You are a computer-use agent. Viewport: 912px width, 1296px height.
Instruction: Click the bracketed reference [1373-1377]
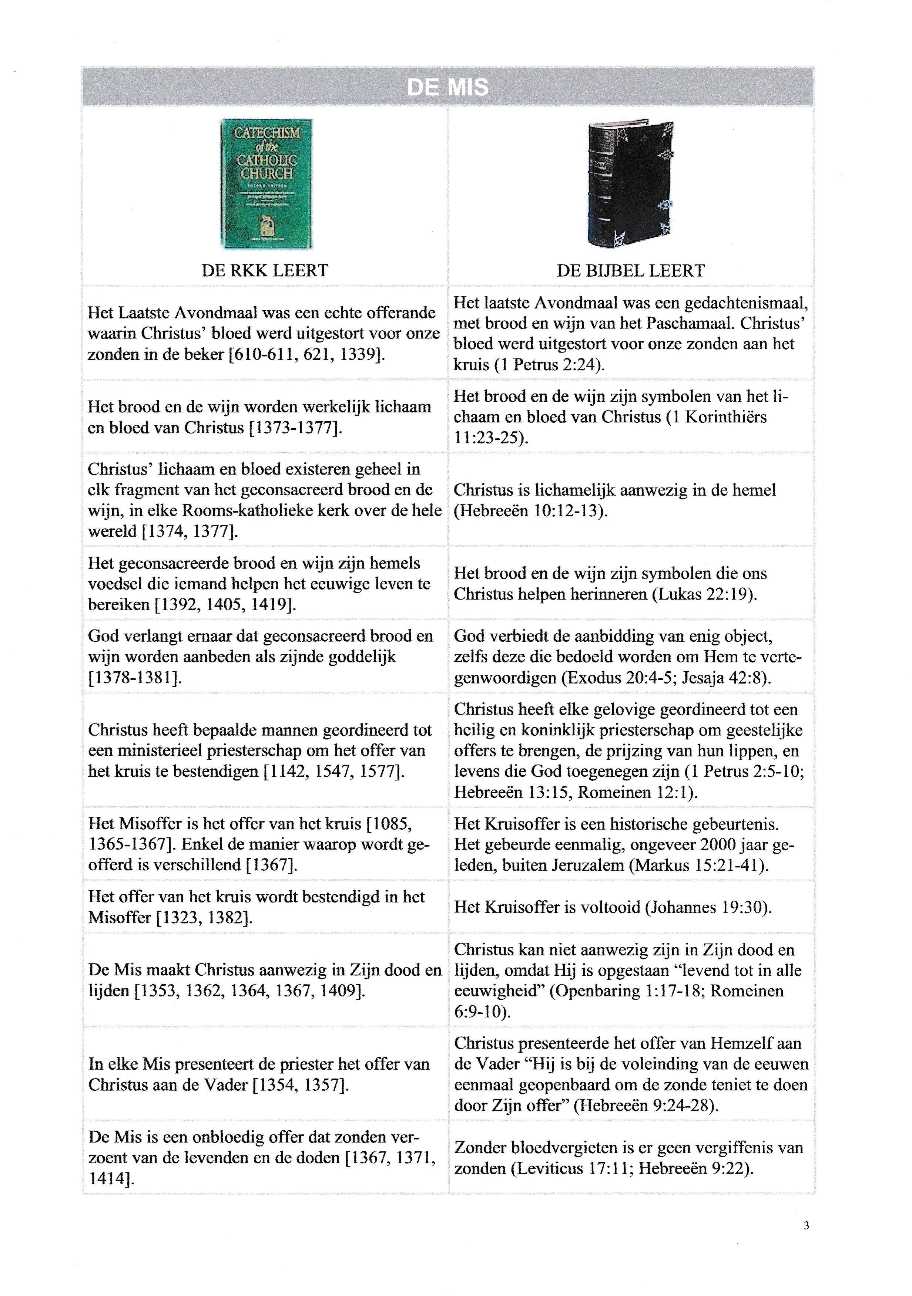click(x=295, y=428)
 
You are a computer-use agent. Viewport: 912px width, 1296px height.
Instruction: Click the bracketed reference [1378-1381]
click(x=135, y=677)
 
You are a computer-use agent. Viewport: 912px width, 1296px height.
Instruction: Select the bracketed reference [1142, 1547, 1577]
click(x=334, y=771)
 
